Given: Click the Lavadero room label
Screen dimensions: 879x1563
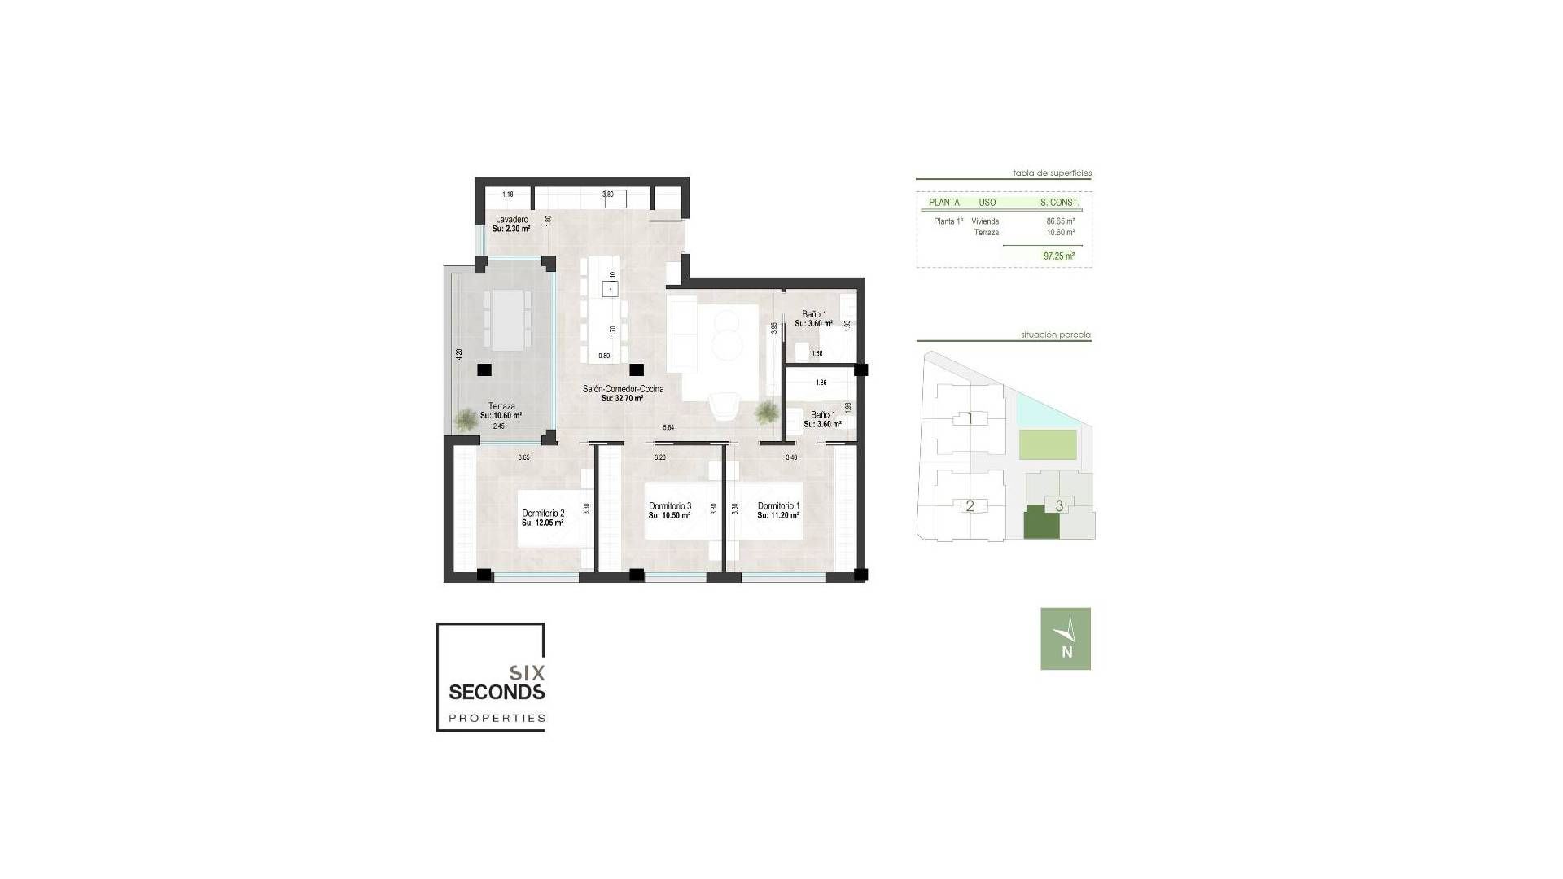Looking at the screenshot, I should click(511, 220).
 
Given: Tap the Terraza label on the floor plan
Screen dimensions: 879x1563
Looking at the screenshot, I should click(501, 406).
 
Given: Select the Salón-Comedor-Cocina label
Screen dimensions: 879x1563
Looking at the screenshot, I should click(623, 389).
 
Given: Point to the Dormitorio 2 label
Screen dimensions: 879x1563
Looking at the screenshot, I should click(543, 514).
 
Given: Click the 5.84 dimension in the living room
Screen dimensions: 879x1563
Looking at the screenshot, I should click(668, 428).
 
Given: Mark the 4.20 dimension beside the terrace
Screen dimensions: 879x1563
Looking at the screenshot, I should click(459, 355).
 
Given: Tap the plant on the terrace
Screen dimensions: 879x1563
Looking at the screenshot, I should click(466, 419).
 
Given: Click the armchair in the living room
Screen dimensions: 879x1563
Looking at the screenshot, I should click(724, 405).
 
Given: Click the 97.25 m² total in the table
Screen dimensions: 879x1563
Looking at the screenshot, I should click(1058, 256).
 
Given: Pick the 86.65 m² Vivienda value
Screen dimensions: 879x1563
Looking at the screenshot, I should click(1060, 221).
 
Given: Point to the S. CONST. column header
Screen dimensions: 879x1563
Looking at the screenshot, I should click(1059, 203).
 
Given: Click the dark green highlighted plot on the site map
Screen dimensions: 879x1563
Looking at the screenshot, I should click(1041, 522).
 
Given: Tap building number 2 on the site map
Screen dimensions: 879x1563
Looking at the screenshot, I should click(970, 506).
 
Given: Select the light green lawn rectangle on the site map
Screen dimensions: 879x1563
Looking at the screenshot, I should click(1048, 445).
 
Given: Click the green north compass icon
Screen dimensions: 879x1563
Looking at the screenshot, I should click(1065, 639).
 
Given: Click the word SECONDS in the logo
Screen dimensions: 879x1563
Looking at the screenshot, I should click(497, 692).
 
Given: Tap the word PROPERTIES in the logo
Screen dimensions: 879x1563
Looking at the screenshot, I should click(497, 719).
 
